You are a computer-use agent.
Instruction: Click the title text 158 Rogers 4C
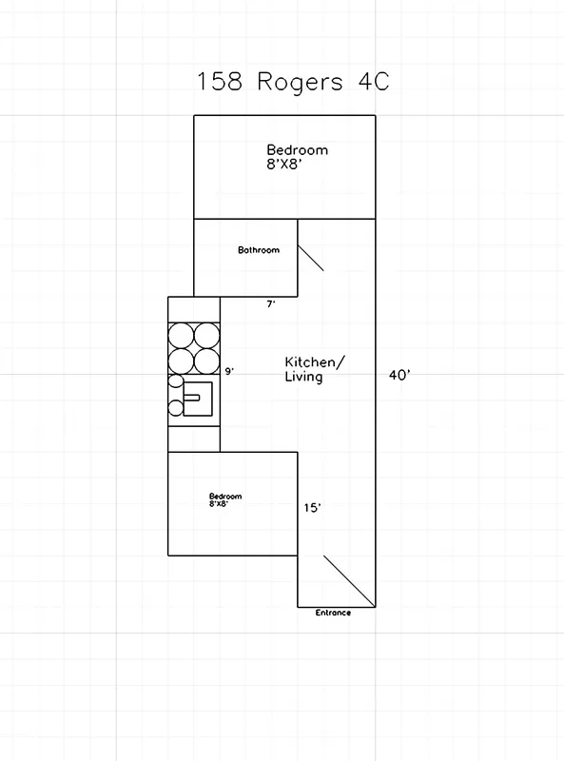[293, 81]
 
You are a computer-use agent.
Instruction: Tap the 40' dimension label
[399, 375]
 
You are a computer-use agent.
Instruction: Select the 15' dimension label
[312, 508]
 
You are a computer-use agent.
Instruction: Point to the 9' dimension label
[228, 371]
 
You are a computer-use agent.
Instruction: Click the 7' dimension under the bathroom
[271, 304]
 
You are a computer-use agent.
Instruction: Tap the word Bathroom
[259, 250]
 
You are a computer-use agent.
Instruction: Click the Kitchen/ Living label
[315, 369]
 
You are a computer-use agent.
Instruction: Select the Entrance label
[333, 613]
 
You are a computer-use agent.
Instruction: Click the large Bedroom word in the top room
[297, 149]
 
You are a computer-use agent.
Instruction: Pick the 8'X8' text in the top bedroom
[284, 164]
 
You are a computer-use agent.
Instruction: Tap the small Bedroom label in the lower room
[225, 496]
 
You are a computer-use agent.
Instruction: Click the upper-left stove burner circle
[182, 335]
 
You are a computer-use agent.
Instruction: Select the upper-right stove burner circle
[207, 335]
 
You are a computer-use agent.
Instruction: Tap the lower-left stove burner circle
[182, 360]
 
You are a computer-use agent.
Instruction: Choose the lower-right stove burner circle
[207, 360]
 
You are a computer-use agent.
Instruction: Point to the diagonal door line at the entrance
[348, 578]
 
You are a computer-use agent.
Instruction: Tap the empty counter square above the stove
[194, 309]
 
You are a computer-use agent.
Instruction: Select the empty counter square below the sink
[194, 438]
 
